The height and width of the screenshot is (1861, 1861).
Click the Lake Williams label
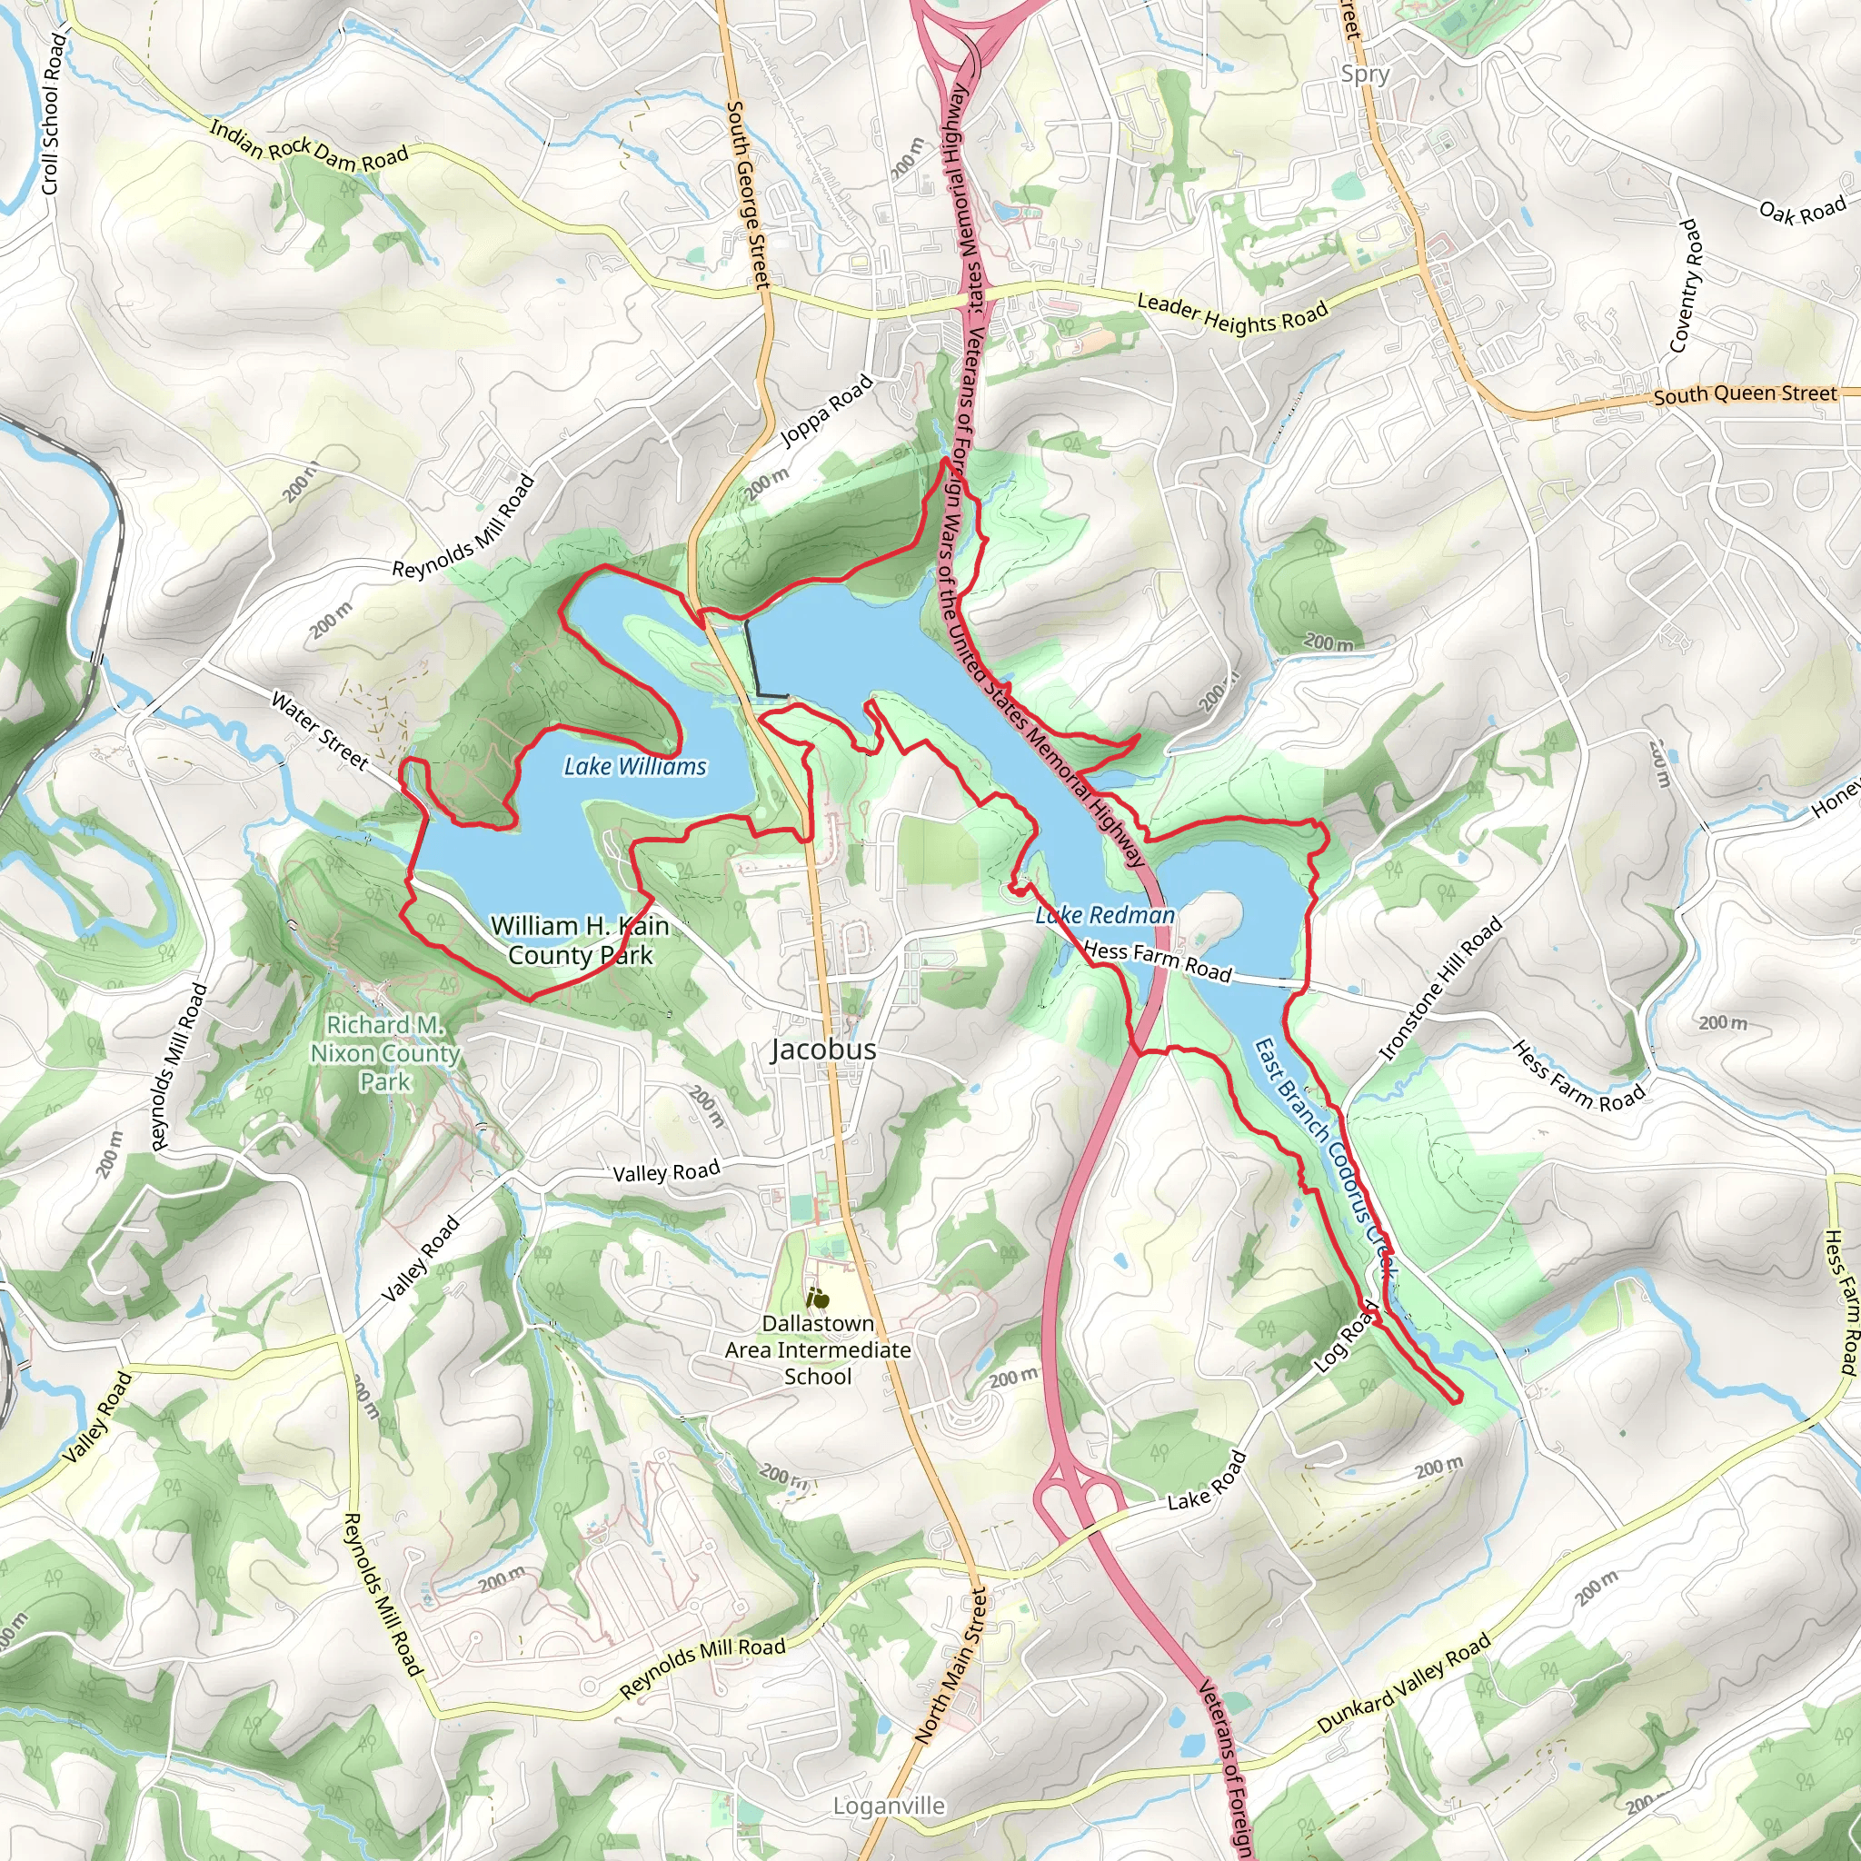pyautogui.click(x=635, y=767)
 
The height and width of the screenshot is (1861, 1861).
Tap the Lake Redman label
pyautogui.click(x=1105, y=915)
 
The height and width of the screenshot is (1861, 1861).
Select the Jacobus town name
pyautogui.click(x=823, y=1049)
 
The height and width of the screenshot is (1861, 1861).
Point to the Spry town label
pyautogui.click(x=1365, y=75)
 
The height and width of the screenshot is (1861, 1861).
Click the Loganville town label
pyautogui.click(x=889, y=1806)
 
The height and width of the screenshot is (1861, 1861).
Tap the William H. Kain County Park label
pyautogui.click(x=580, y=940)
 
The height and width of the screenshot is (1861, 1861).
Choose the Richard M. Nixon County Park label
pyautogui.click(x=384, y=1053)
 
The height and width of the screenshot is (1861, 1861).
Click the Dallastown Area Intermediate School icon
pyautogui.click(x=817, y=1298)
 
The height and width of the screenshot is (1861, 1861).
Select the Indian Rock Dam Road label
pyautogui.click(x=309, y=144)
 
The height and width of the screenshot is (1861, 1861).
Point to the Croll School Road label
pyautogui.click(x=53, y=114)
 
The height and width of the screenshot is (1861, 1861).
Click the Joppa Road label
pyautogui.click(x=827, y=412)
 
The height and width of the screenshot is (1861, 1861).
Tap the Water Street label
pyautogui.click(x=320, y=731)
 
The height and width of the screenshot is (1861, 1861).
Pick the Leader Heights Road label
pyautogui.click(x=1232, y=314)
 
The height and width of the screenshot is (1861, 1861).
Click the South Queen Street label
pyautogui.click(x=1745, y=394)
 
